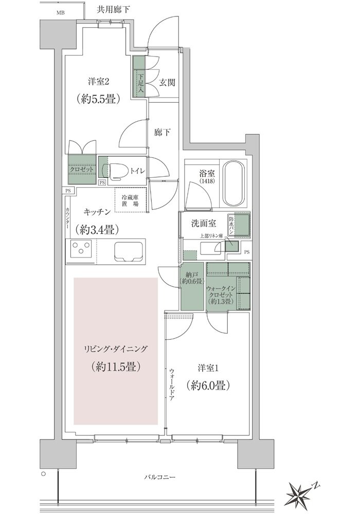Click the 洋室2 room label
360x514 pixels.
point(98,82)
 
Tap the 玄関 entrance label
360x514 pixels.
point(167,83)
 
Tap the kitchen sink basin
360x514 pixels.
point(128,251)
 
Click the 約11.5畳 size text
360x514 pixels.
point(116,366)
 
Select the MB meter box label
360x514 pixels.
point(60,13)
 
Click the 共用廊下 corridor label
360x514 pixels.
point(112,9)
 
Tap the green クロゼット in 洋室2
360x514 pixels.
point(82,169)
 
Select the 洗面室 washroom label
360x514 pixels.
point(204,224)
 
